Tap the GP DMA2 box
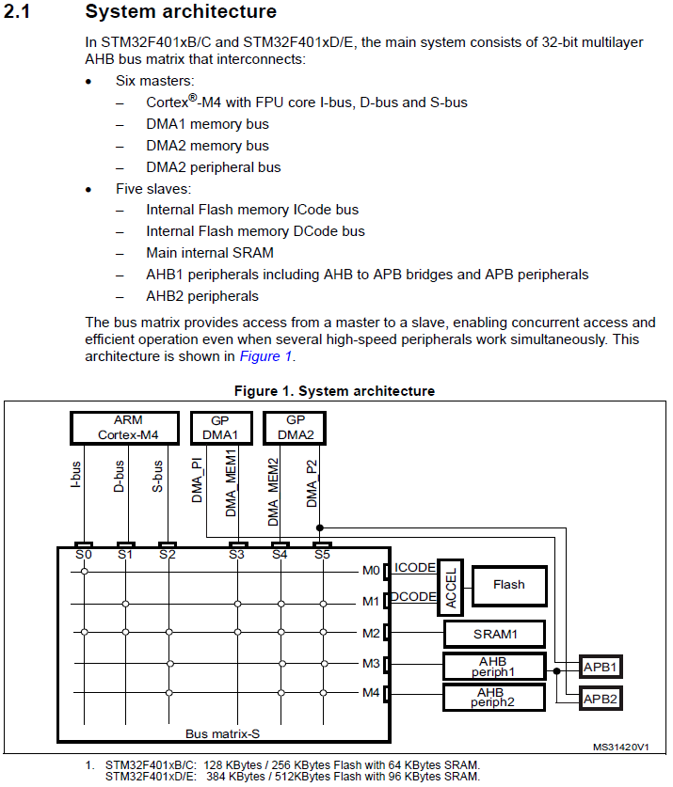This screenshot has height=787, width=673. click(296, 427)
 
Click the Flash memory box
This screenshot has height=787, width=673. click(508, 585)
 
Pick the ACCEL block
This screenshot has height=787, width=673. click(450, 589)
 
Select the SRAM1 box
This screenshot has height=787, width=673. click(494, 634)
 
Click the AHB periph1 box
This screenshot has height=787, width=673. click(494, 666)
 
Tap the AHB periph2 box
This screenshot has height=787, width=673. click(494, 697)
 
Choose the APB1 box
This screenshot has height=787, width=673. click(601, 667)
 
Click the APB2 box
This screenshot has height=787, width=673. click(601, 699)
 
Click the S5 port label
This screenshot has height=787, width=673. click(322, 555)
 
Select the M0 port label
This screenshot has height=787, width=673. click(371, 570)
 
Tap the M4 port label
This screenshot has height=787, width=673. click(371, 694)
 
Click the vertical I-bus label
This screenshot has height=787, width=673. click(76, 474)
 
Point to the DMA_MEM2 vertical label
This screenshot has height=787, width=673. click(273, 492)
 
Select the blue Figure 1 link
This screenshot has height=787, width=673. click(265, 356)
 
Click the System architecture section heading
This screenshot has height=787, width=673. click(181, 12)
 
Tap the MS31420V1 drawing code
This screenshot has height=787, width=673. click(621, 747)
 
